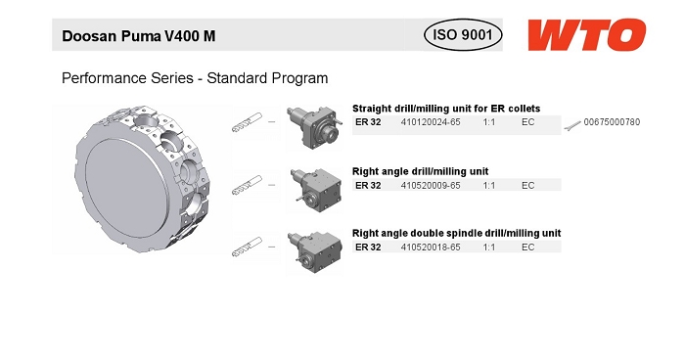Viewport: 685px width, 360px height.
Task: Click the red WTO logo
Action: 587,35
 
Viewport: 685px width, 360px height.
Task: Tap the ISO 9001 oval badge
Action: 463,34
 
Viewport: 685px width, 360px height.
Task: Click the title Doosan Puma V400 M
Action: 139,36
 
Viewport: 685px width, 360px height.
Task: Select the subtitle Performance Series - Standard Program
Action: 195,78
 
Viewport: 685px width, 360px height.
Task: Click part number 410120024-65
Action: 431,122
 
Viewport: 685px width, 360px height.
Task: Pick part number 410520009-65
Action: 431,186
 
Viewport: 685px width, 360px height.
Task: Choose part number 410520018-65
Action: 431,247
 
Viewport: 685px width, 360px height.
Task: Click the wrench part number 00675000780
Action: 612,122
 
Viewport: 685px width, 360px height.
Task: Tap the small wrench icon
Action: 572,126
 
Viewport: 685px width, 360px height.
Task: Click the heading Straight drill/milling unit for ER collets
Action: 446,109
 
